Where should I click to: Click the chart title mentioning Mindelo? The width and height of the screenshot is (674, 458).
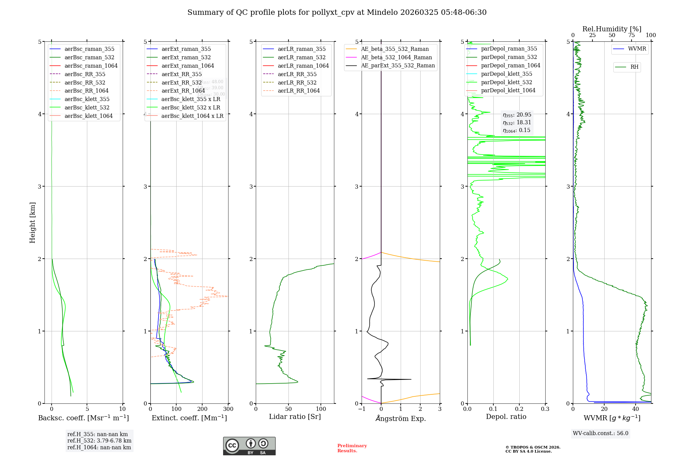coord(337,12)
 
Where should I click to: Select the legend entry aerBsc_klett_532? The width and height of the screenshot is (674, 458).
coord(87,107)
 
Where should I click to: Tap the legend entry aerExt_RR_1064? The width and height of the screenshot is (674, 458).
coord(183,91)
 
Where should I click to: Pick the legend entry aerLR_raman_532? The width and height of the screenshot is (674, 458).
coord(302,57)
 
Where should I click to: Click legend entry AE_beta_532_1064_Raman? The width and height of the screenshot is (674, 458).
coord(396,57)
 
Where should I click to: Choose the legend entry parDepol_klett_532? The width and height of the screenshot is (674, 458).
coord(507,82)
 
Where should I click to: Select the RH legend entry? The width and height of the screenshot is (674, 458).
coord(634,67)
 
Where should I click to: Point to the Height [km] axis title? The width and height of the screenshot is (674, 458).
coord(32,222)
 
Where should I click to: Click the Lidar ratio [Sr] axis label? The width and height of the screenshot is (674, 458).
coord(295,417)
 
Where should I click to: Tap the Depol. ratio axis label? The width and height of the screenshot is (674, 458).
coord(506,417)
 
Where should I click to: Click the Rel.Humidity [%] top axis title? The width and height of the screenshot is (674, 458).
coord(612,29)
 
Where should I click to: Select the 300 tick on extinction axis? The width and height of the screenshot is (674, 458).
coord(228,409)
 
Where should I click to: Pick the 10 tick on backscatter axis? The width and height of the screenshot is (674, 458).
coord(122,409)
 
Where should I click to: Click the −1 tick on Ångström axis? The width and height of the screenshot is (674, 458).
coord(362,409)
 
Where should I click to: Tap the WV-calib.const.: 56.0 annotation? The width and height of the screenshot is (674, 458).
coord(601,433)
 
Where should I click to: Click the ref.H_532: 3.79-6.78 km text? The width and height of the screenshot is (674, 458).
coord(99,440)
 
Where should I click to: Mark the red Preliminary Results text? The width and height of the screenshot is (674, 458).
coord(352,448)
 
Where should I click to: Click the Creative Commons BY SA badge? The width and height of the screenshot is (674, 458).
coord(249,446)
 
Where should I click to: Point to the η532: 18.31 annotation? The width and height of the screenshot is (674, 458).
coord(517,123)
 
